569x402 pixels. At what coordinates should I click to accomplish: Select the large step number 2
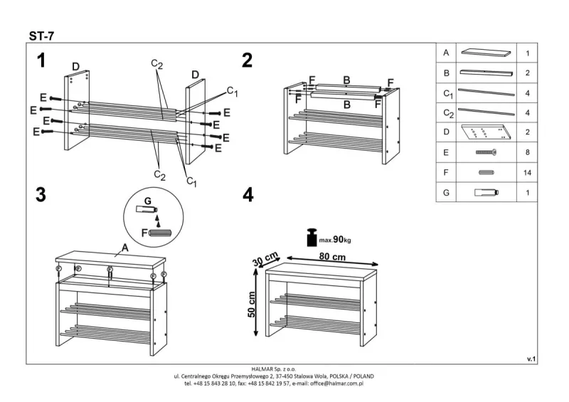click(247, 61)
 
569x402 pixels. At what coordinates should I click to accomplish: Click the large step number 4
click(248, 196)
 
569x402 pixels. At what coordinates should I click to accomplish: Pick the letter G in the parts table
click(447, 193)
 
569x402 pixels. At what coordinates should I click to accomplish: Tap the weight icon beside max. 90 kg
click(311, 238)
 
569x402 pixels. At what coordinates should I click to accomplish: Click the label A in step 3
click(124, 248)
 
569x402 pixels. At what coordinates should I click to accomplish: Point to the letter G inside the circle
click(148, 201)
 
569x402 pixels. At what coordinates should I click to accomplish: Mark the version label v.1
click(531, 359)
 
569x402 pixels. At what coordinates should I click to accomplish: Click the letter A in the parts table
click(447, 53)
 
